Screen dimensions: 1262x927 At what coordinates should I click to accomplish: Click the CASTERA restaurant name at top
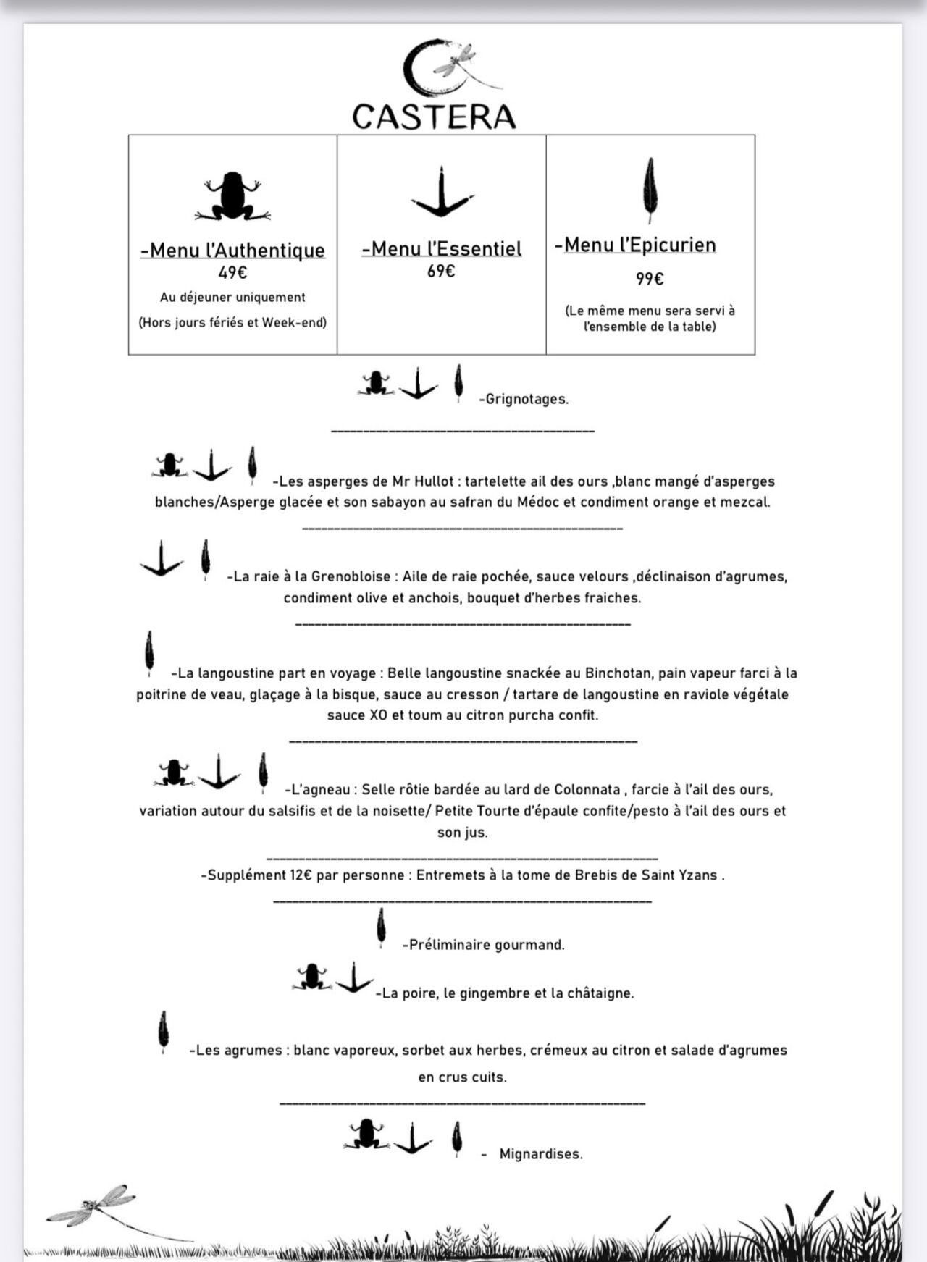tap(434, 117)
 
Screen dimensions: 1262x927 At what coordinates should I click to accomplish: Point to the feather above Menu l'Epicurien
tap(650, 190)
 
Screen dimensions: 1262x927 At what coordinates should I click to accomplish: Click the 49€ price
tap(232, 273)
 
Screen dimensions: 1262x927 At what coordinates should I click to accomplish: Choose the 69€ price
tap(441, 272)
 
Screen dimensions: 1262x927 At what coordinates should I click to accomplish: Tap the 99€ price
tap(650, 279)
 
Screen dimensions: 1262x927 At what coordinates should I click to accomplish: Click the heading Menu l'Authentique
tap(232, 251)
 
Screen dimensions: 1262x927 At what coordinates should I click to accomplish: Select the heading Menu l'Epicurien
tap(635, 245)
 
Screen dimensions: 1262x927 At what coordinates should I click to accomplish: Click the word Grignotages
tap(527, 399)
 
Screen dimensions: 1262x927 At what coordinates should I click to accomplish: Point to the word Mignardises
tap(541, 1154)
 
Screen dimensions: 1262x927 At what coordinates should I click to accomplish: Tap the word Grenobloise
tap(351, 577)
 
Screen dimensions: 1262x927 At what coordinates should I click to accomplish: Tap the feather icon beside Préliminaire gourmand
tap(381, 927)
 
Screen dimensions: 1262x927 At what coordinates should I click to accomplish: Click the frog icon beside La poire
tap(312, 976)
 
